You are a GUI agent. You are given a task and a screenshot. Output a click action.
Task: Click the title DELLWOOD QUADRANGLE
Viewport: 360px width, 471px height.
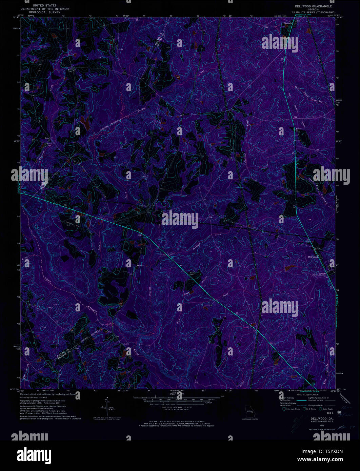313,6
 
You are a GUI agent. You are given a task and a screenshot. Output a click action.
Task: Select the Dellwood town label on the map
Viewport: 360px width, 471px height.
313,257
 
